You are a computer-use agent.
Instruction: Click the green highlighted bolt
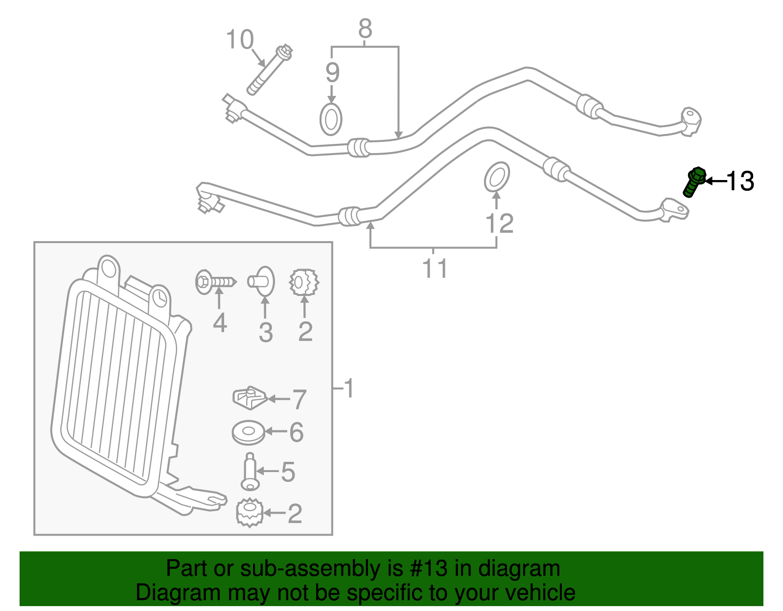pos(693,182)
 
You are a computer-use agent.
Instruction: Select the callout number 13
pos(740,181)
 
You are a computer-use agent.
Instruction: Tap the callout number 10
pos(240,40)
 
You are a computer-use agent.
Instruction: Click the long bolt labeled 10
pos(270,70)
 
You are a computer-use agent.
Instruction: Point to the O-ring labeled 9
pos(331,119)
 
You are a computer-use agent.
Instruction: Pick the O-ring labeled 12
pos(497,177)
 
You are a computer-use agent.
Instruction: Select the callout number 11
pos(435,268)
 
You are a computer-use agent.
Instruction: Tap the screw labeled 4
pos(215,282)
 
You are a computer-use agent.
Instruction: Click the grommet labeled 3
pos(261,281)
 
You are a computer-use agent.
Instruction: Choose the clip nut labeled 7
pos(250,398)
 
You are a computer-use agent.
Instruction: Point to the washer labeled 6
pos(248,432)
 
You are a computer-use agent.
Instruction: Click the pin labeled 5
pos(250,471)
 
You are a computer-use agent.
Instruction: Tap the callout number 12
pos(500,223)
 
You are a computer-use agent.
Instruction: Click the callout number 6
pos(297,432)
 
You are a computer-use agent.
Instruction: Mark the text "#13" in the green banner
pos(428,568)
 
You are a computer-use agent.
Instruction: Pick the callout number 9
pos(332,72)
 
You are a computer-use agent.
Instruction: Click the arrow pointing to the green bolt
pos(715,181)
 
